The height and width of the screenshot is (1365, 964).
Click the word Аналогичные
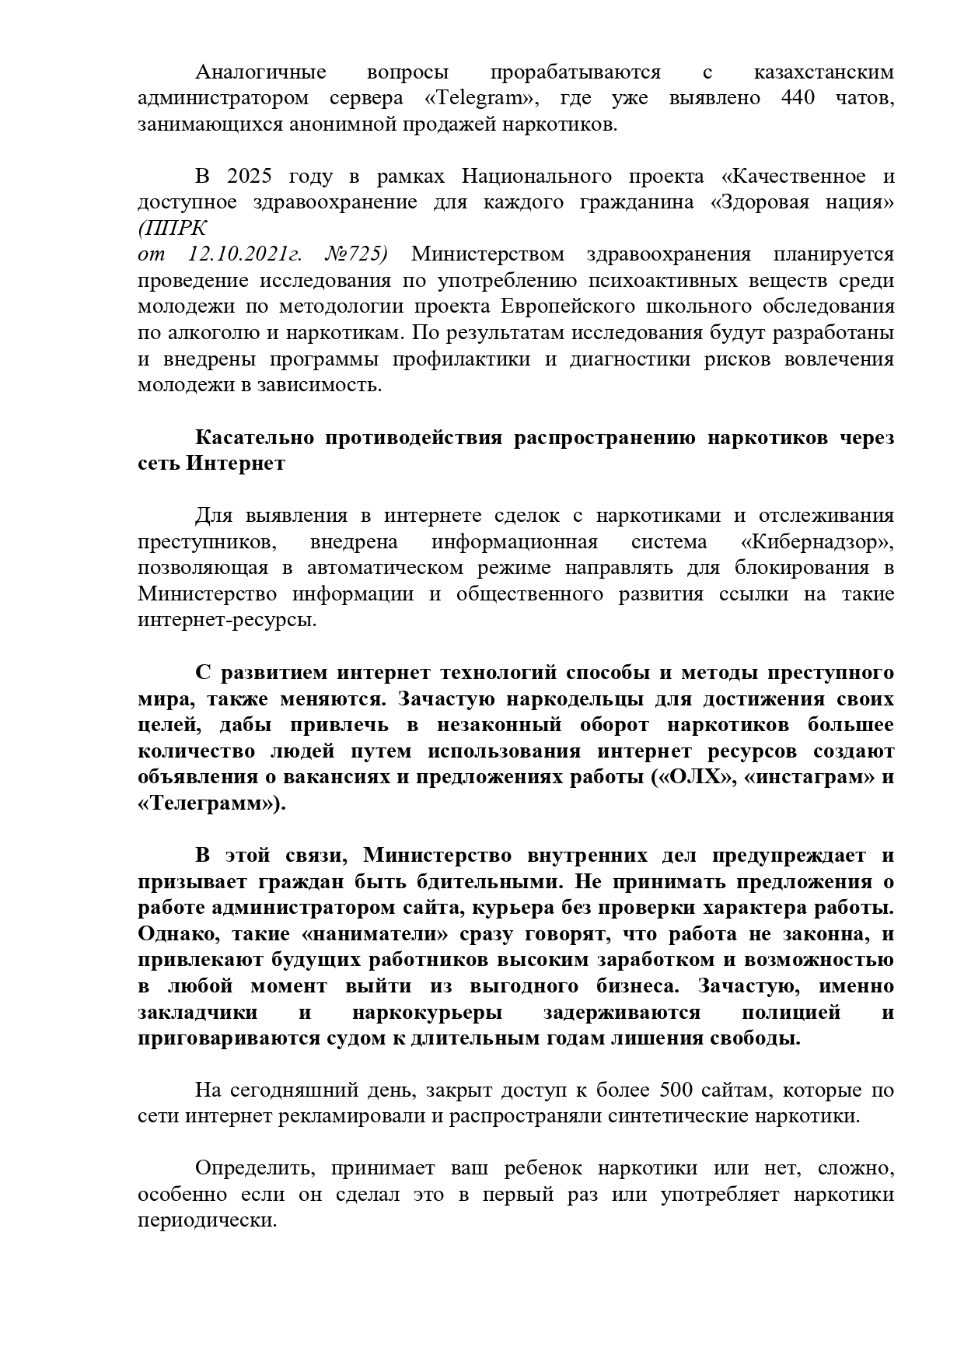[x=260, y=72]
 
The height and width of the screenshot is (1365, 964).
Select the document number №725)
[x=355, y=255]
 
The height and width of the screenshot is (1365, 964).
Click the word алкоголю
[x=212, y=333]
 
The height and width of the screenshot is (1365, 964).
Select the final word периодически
[x=207, y=1221]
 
